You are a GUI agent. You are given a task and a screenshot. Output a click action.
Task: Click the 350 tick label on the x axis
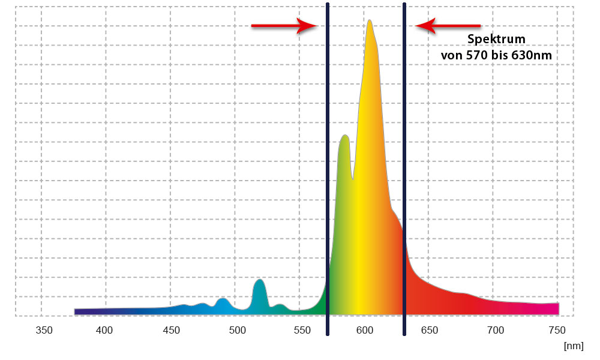point(43,329)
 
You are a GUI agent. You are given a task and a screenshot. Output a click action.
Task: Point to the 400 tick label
point(104,329)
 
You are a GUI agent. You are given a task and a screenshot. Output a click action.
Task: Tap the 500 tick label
point(237,329)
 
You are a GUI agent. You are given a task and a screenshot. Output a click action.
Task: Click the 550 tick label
point(302,329)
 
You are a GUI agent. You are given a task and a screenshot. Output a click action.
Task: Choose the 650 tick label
point(429,329)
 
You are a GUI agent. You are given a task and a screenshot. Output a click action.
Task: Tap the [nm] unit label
point(573,346)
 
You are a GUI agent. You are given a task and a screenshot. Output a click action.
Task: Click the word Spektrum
point(496,40)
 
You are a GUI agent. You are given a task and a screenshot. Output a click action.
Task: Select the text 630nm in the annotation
point(532,55)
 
